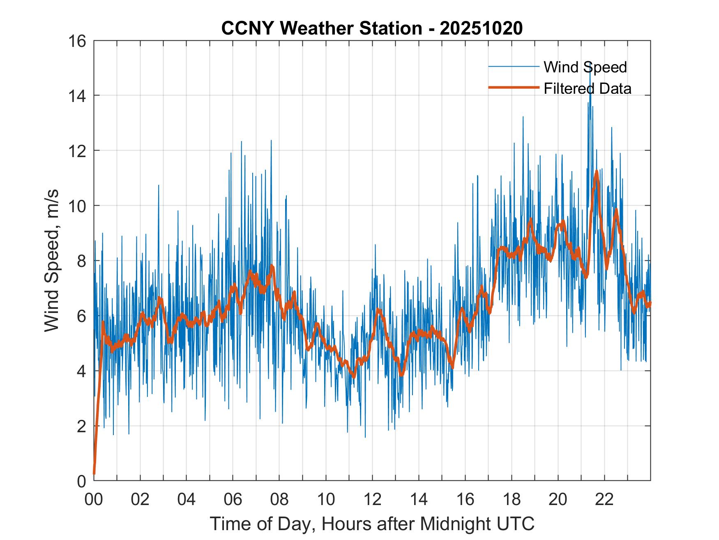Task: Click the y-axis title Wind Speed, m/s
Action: [x=52, y=260]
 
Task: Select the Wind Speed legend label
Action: [x=585, y=67]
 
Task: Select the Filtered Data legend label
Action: [x=587, y=88]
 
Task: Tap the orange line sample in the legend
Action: [x=514, y=88]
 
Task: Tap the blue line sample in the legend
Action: [x=514, y=67]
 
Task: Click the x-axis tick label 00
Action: [x=94, y=500]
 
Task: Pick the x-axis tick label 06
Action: [x=233, y=500]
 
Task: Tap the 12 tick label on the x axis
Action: [x=372, y=500]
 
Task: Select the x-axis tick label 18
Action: [x=512, y=500]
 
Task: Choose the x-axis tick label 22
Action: [x=604, y=500]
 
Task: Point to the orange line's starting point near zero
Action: [x=94, y=474]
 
